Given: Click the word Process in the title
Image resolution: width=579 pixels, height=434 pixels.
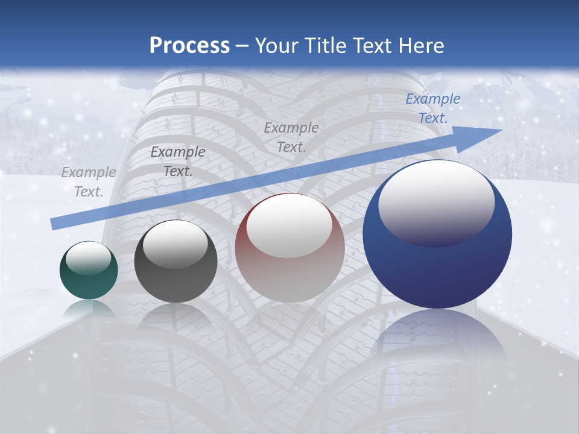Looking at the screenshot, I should pos(189,46).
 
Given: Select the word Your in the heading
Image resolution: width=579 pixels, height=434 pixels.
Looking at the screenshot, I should pos(278,46).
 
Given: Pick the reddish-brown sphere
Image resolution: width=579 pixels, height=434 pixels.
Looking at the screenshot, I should pos(289,271).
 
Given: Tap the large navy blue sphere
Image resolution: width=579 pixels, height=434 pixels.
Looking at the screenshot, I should pos(437,265).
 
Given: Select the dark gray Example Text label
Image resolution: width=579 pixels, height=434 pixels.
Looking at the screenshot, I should pos(178,162).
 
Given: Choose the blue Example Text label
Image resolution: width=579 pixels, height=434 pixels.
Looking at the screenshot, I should pos(433,108).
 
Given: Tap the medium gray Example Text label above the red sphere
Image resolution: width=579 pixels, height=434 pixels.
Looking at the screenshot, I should pos(291,137).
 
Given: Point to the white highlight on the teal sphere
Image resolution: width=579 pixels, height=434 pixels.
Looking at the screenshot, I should pos(88,259).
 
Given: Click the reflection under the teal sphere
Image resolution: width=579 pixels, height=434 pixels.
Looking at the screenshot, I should pos(88,310).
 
